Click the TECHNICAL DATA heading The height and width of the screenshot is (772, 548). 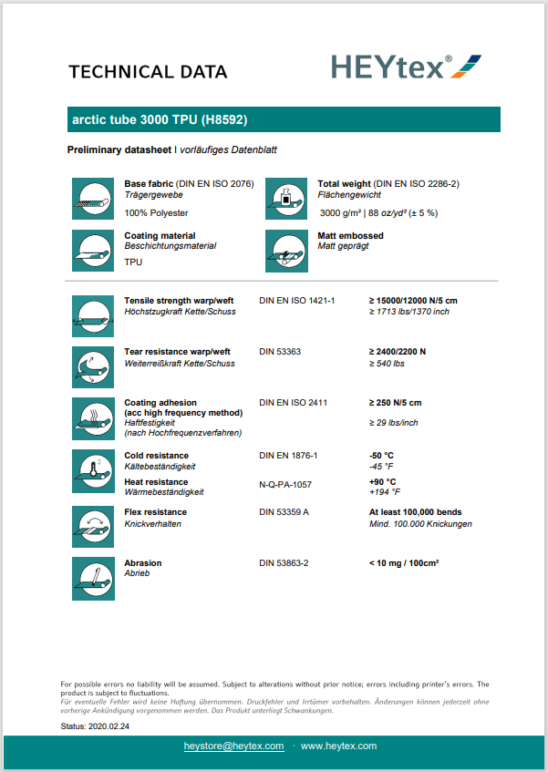pyautogui.click(x=148, y=72)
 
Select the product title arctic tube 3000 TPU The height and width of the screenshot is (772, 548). pyautogui.click(x=160, y=119)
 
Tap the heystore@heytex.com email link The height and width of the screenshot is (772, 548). pyautogui.click(x=234, y=746)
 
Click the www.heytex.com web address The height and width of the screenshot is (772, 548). pyautogui.click(x=338, y=746)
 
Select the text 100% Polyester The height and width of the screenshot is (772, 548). pyautogui.click(x=156, y=212)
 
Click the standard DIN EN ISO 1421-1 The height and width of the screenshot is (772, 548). pyautogui.click(x=297, y=300)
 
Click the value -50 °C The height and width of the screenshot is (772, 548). pyautogui.click(x=381, y=455)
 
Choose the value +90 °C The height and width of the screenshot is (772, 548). pyautogui.click(x=382, y=481)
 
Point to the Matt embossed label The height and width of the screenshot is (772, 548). pyautogui.click(x=350, y=236)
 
